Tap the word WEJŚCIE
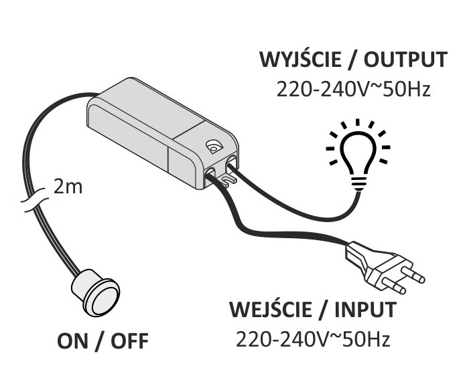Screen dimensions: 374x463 (x=272, y=311)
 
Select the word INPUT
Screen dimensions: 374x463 (x=365, y=311)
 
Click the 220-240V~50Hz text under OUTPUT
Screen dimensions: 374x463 (x=352, y=89)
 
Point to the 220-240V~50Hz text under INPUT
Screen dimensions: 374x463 (x=313, y=339)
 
